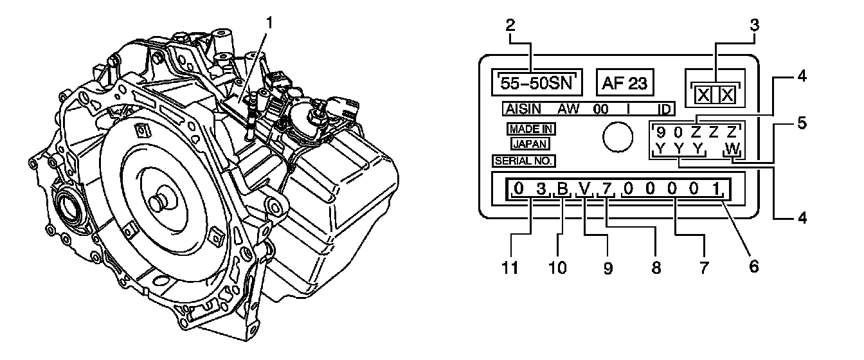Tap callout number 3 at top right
[755, 26]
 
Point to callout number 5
[800, 122]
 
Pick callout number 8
[656, 266]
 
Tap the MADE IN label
[530, 129]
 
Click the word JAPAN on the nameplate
[530, 144]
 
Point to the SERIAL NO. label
[524, 160]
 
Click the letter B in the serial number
[562, 190]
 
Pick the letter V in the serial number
[584, 190]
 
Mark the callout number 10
[557, 266]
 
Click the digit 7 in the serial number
[605, 190]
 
